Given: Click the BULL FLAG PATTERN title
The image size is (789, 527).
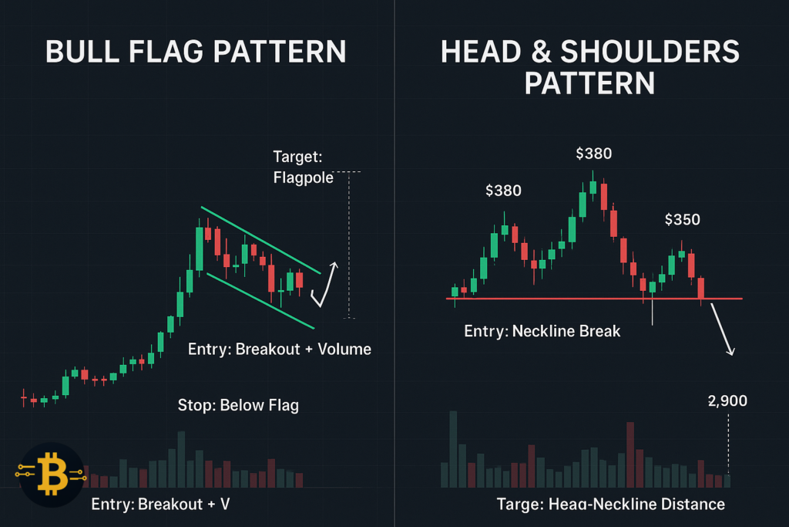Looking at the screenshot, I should pyautogui.click(x=196, y=52).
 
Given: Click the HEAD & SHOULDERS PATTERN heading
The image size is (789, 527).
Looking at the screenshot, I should pyautogui.click(x=589, y=67).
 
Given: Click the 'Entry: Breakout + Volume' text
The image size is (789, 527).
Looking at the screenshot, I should pyautogui.click(x=279, y=350).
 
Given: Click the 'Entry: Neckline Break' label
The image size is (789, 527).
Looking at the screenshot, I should pyautogui.click(x=542, y=332).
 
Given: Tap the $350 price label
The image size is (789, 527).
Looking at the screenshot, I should pyautogui.click(x=682, y=220).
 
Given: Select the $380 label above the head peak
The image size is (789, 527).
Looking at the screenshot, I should pyautogui.click(x=593, y=154).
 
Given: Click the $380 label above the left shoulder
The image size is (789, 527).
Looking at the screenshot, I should pyautogui.click(x=502, y=191).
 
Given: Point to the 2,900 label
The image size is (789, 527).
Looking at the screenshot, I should pyautogui.click(x=727, y=401).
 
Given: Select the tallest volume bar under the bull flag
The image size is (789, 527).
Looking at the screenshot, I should pyautogui.click(x=181, y=458).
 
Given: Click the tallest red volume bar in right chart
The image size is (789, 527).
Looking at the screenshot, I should pyautogui.click(x=630, y=454).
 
